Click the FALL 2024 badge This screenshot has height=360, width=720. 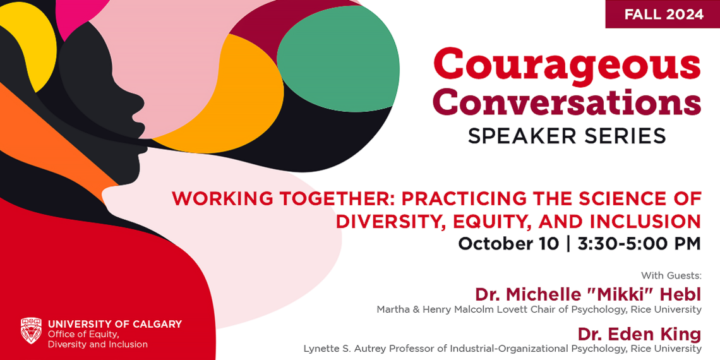[663, 14]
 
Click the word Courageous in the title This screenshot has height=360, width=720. [567, 64]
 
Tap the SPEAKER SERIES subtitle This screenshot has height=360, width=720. [567, 136]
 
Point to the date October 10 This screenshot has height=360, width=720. [508, 244]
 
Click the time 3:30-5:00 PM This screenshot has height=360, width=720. [639, 244]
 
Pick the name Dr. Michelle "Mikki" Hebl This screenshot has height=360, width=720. [588, 294]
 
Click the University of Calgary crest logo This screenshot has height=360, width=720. [31, 330]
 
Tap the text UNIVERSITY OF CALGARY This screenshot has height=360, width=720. [114, 324]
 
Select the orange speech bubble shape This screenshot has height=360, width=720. [246, 95]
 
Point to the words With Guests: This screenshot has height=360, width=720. [671, 275]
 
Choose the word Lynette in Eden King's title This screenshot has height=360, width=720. [320, 348]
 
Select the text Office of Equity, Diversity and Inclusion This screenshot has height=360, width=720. [97, 339]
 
